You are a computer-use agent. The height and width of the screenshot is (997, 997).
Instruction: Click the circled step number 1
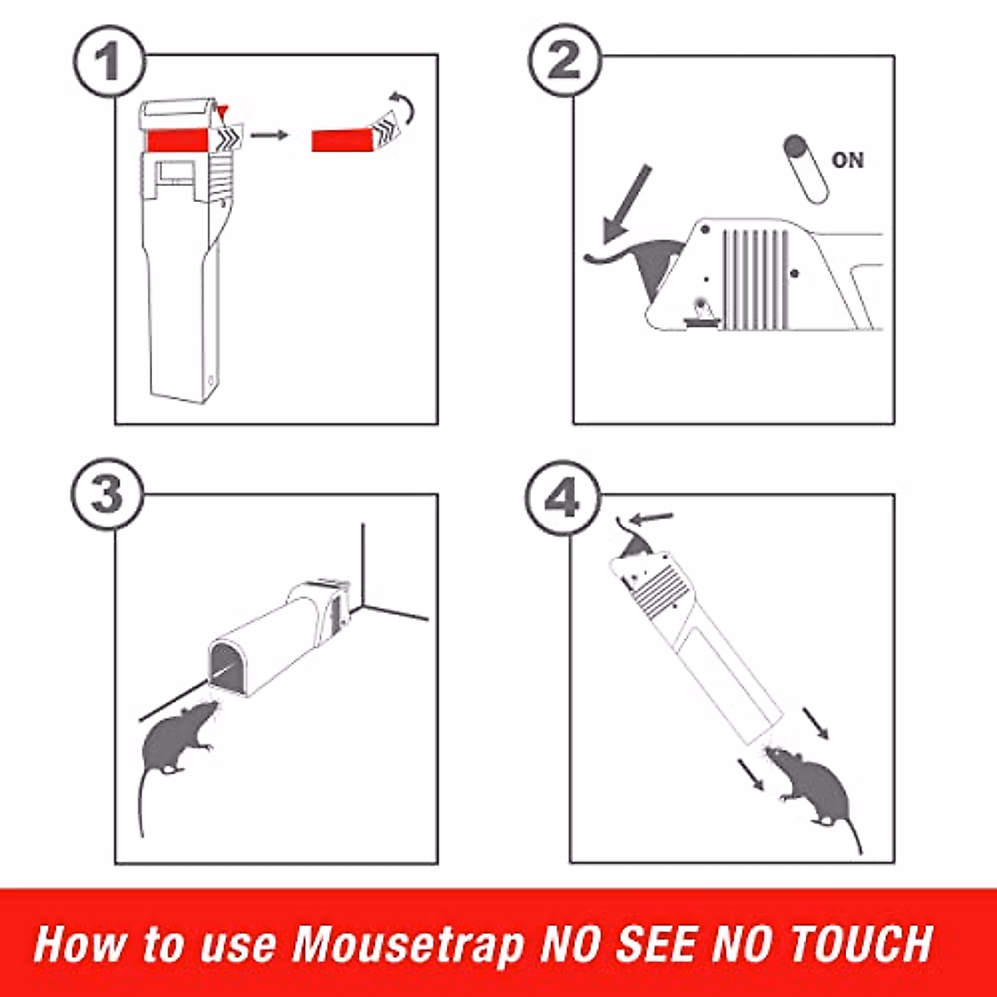click(109, 61)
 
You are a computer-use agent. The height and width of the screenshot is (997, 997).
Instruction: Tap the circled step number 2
click(565, 61)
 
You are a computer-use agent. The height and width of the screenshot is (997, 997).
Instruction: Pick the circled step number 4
click(562, 500)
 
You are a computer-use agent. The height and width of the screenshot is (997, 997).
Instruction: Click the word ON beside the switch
click(847, 160)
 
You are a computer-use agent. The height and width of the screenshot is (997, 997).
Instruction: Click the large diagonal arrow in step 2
click(626, 202)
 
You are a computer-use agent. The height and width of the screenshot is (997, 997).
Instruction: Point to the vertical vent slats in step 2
click(754, 278)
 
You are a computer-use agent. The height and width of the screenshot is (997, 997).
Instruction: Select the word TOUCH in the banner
click(859, 943)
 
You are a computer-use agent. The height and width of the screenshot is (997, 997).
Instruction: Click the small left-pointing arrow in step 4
click(654, 519)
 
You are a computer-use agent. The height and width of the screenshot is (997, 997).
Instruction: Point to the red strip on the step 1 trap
click(179, 140)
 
